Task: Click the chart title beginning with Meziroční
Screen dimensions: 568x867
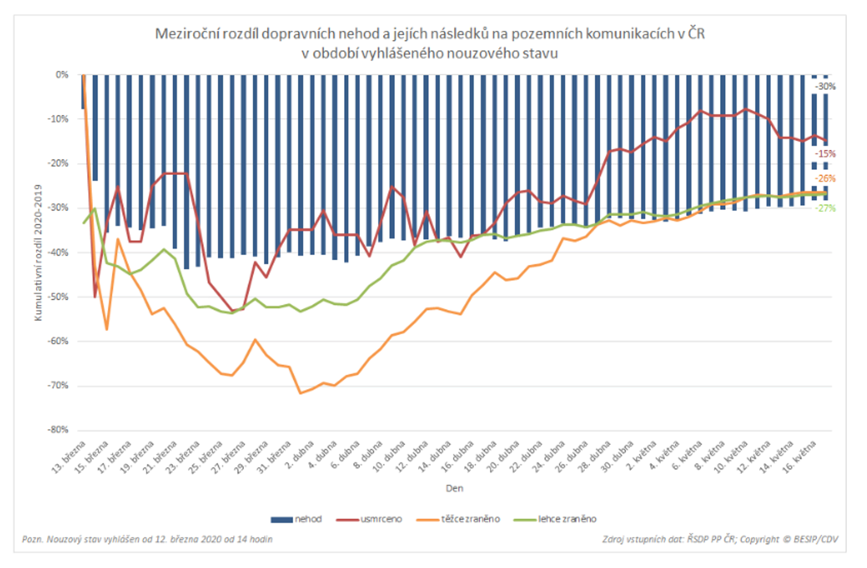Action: (430, 43)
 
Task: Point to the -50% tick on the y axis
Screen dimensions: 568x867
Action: (58, 297)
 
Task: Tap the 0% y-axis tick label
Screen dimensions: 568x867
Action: (62, 75)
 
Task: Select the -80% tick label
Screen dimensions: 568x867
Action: (58, 430)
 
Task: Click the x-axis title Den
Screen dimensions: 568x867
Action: (454, 488)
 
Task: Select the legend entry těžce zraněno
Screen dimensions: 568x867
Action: (458, 519)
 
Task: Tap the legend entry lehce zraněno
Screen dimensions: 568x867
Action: (555, 519)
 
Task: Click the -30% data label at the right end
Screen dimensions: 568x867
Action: (825, 87)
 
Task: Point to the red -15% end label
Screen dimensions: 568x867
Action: (825, 154)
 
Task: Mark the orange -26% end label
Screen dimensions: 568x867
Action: (825, 179)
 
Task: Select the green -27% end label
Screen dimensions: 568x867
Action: (825, 209)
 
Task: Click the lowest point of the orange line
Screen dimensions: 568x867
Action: (300, 393)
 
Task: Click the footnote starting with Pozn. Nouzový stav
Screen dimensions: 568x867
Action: (147, 539)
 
